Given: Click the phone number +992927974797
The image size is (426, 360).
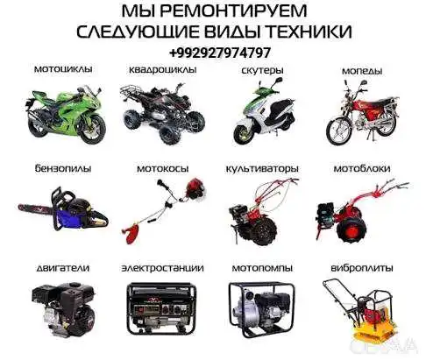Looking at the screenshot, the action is (219, 53).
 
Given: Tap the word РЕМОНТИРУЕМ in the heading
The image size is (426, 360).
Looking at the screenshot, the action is (233, 11).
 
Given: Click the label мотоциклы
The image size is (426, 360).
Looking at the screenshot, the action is (63, 69).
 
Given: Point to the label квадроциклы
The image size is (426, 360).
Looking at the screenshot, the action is (163, 70).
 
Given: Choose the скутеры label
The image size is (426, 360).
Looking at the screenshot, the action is (262, 71).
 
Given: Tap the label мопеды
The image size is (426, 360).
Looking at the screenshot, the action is (362, 71).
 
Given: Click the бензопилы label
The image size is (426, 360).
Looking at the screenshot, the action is (63, 168).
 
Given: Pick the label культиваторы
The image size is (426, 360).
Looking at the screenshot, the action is (262, 169).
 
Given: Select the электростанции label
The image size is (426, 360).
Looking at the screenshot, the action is (162, 268).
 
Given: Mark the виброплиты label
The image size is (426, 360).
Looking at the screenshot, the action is (362, 268).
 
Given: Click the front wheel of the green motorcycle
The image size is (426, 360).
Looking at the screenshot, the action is (92, 129).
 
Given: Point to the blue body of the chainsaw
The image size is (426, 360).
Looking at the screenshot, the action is (69, 216).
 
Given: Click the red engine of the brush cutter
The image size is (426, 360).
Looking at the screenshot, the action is (195, 188).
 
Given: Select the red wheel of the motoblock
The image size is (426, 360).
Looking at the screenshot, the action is (351, 229).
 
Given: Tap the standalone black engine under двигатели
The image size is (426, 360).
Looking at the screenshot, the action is (63, 308).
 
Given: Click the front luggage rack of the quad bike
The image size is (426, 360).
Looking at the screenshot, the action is (132, 91).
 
